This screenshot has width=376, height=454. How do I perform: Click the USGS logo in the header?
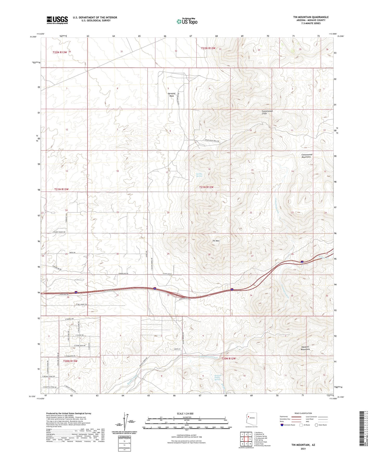(x=57, y=20)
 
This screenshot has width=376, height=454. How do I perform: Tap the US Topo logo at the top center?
(x=187, y=22)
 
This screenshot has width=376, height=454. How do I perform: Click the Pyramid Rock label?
(x=171, y=95)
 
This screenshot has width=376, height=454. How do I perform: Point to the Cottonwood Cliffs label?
(x=267, y=112)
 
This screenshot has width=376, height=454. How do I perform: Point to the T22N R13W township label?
(x=60, y=52)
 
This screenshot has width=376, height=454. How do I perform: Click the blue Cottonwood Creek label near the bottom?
(x=208, y=357)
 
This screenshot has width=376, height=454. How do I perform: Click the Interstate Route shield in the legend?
(x=282, y=425)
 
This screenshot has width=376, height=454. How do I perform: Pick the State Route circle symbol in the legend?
(x=316, y=425)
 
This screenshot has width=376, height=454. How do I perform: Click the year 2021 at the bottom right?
(x=303, y=449)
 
